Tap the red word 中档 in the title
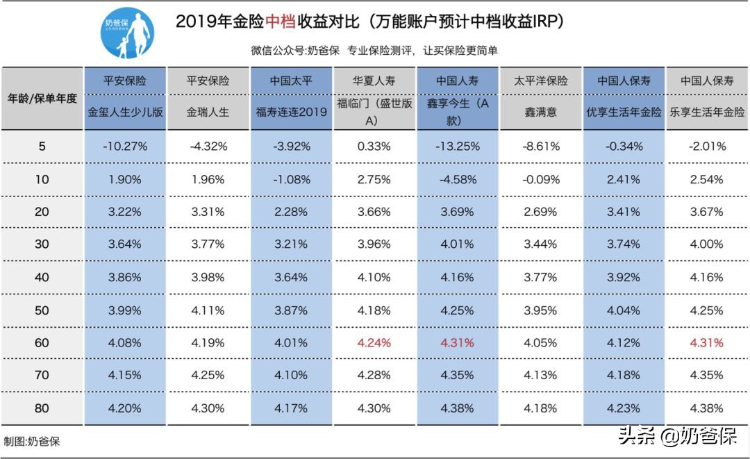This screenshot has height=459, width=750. click(281, 22)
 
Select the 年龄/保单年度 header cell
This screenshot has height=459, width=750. click(42, 98)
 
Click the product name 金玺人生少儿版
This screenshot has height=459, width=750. click(125, 112)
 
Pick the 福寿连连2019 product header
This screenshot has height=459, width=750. click(291, 112)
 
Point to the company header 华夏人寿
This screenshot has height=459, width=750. click(374, 81)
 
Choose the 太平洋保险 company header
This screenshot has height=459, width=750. click(541, 81)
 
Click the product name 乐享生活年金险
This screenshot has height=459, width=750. click(707, 112)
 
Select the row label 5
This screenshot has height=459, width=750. click(42, 147)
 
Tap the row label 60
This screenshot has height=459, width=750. click(42, 342)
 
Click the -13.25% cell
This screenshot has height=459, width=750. click(457, 147)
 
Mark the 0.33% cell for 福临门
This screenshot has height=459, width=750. click(374, 147)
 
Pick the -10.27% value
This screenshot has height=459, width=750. click(125, 147)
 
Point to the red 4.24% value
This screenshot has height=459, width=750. click(374, 342)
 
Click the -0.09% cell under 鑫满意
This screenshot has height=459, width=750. click(541, 179)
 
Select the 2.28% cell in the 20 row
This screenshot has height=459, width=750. click(291, 212)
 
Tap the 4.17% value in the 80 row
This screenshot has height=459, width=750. click(291, 408)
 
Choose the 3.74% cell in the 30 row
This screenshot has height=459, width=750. click(624, 244)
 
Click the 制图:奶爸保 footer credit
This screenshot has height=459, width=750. click(32, 442)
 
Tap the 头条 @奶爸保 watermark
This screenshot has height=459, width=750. click(678, 436)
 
